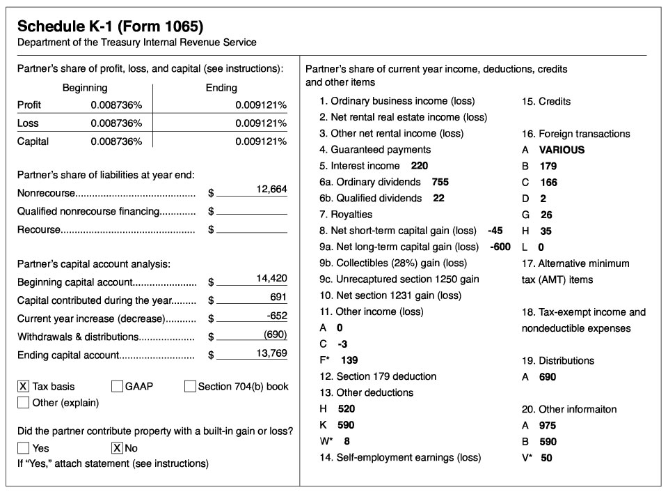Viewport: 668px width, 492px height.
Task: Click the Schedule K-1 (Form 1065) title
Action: click(x=110, y=26)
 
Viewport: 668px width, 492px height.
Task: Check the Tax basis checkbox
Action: click(x=23, y=386)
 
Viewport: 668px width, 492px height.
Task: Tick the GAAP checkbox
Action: click(x=117, y=386)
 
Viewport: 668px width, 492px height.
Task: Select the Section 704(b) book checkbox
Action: click(x=190, y=386)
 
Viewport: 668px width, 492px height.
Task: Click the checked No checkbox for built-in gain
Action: click(x=117, y=448)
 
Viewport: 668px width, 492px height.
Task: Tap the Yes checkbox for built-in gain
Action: click(x=23, y=448)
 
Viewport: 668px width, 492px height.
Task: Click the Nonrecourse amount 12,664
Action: click(x=271, y=190)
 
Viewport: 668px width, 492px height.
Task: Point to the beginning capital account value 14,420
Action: click(x=271, y=278)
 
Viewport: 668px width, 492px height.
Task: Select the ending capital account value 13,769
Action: click(x=271, y=353)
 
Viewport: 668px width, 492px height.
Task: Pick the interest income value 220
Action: click(x=420, y=166)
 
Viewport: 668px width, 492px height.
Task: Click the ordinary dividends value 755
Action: click(x=440, y=182)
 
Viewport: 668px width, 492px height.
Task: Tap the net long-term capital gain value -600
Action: click(x=500, y=247)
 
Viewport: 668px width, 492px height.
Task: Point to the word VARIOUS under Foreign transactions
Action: click(x=562, y=150)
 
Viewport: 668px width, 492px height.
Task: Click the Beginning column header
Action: click(x=85, y=88)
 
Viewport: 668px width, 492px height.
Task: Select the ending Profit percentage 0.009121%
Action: click(x=261, y=105)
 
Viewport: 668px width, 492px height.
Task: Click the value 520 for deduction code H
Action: click(x=346, y=409)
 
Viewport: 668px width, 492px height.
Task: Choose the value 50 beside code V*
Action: click(x=546, y=458)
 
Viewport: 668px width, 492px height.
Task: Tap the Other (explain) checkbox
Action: click(x=23, y=402)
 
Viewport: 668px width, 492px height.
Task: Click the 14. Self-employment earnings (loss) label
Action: click(x=400, y=457)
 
